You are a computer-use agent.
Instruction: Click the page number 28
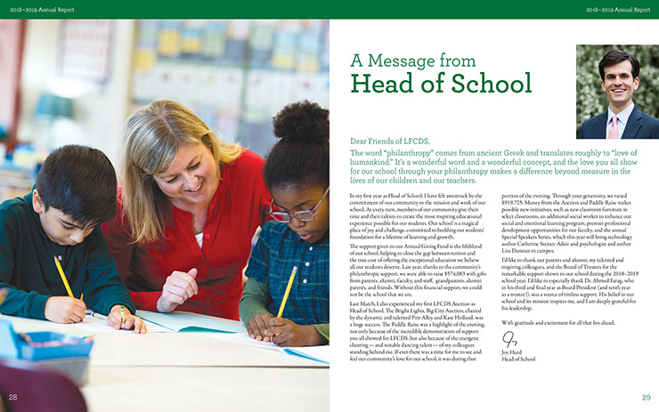coord(13,396)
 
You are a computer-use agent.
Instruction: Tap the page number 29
coord(646,396)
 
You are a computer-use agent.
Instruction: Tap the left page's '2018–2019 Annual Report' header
coord(35,8)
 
